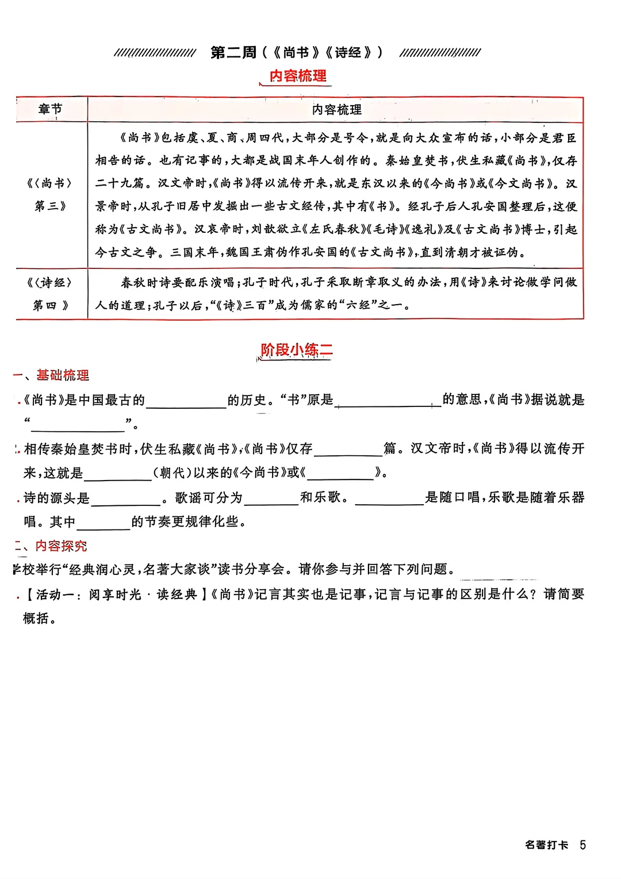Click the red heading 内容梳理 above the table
tap(298, 76)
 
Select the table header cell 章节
tap(51, 109)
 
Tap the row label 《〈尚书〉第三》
tap(50, 194)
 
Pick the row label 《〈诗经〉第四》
tap(50, 294)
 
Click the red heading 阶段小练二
tap(297, 350)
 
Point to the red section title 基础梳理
tap(63, 375)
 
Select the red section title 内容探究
tap(61, 546)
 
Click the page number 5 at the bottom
tap(582, 845)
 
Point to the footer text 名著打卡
tap(546, 845)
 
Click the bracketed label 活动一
tap(55, 594)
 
